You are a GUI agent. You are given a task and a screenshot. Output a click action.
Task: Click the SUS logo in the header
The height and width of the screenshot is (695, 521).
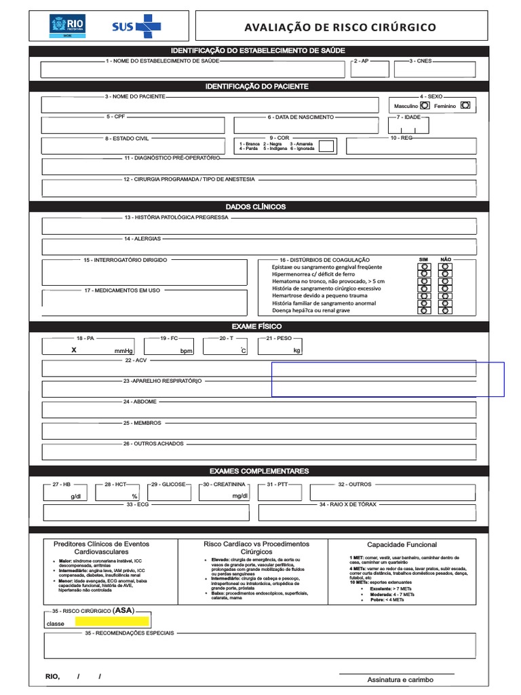(x=136, y=26)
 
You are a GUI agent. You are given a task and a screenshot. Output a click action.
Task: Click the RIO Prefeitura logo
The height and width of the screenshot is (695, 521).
(x=66, y=26)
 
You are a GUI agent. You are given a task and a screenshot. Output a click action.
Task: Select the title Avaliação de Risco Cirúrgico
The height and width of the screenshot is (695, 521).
(x=340, y=27)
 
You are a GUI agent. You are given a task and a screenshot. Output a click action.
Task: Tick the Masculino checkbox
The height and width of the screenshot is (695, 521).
(x=425, y=106)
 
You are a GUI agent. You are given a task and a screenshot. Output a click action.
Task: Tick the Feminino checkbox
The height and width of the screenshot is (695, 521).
(x=465, y=106)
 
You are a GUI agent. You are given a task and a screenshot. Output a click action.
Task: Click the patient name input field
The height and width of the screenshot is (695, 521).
(x=209, y=105)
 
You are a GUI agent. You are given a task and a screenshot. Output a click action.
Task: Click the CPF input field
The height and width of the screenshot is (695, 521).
(x=132, y=126)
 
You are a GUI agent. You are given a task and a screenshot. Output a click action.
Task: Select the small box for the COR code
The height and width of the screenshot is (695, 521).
(x=326, y=146)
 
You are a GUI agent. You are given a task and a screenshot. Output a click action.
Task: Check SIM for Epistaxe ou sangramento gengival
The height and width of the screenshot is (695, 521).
(x=425, y=267)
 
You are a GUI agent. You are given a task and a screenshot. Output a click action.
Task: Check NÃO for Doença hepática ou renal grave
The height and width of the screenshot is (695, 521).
(x=445, y=310)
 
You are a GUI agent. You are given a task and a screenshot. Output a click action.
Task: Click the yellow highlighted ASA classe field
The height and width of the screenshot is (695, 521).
(x=112, y=621)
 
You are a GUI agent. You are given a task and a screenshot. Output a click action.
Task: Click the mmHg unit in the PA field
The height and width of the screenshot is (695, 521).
(x=123, y=351)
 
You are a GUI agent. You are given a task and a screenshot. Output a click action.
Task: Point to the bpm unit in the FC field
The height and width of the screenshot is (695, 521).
(x=186, y=351)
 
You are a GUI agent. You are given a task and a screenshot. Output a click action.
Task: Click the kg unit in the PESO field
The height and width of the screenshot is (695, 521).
(x=296, y=351)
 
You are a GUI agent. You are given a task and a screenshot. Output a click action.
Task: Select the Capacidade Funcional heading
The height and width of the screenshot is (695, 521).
(x=402, y=544)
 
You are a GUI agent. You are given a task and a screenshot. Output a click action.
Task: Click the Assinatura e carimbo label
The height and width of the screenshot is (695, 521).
(x=400, y=679)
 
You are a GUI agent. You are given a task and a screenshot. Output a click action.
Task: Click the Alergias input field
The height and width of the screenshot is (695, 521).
(x=258, y=247)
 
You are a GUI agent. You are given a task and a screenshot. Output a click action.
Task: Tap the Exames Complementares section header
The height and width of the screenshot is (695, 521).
(x=258, y=471)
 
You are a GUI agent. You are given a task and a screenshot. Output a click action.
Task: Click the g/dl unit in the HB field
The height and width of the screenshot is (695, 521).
(x=75, y=497)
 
